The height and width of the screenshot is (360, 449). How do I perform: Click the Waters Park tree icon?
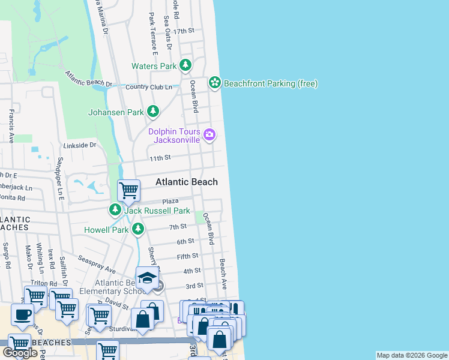pyautogui.click(x=186, y=65)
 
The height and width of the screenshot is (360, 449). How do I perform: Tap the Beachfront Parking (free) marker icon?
pyautogui.click(x=215, y=83)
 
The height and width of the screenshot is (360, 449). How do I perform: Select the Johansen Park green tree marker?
pyautogui.click(x=154, y=111)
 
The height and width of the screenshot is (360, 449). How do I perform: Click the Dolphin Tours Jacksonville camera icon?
pyautogui.click(x=209, y=135)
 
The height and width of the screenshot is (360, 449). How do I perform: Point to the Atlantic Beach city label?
pyautogui.click(x=186, y=182)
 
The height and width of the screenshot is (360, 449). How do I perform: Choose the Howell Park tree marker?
pyautogui.click(x=138, y=229)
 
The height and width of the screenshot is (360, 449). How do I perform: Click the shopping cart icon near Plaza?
pyautogui.click(x=128, y=191)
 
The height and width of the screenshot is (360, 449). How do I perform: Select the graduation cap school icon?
pyautogui.click(x=146, y=277)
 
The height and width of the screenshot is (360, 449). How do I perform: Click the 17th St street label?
pyautogui.click(x=184, y=31)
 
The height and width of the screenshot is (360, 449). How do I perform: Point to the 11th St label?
pyautogui.click(x=160, y=157)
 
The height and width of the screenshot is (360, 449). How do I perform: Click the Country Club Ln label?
pyautogui.click(x=149, y=87)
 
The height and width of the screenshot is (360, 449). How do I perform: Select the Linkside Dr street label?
pyautogui.click(x=79, y=145)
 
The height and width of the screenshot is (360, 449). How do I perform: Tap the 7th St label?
pyautogui.click(x=178, y=227)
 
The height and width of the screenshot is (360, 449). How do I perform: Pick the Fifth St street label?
pyautogui.click(x=187, y=256)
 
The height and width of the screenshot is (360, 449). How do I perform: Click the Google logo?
pyautogui.click(x=20, y=353)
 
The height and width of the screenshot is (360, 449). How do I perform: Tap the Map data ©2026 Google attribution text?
pyautogui.click(x=412, y=355)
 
